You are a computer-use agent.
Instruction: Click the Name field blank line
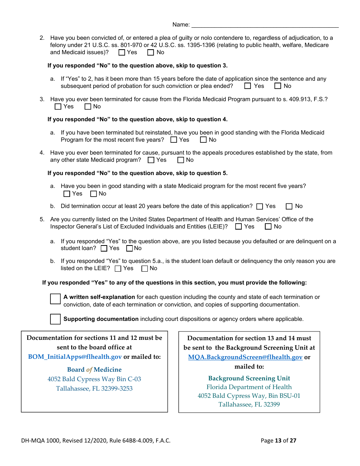point(265,25)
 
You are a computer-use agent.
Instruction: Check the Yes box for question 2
point(122,53)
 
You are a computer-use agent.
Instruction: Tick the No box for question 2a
point(278,86)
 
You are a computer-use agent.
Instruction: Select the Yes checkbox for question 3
point(58,107)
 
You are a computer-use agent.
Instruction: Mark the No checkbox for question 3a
point(203,140)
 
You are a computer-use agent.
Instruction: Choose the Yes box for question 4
point(151,160)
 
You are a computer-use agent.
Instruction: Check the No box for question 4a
point(94,194)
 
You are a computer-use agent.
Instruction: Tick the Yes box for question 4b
point(260,206)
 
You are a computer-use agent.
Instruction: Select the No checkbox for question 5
point(268,227)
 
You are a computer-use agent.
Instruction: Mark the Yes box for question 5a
point(104,249)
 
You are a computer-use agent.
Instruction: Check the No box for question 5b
point(144,269)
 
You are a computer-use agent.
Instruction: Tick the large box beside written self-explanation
point(55,299)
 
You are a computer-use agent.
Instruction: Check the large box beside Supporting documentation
point(55,319)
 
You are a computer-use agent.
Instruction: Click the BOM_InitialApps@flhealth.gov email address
point(75,357)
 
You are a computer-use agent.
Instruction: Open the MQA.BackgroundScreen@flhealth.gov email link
point(245,357)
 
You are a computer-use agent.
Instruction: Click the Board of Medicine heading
point(94,370)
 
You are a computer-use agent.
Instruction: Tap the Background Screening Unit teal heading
point(249,378)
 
